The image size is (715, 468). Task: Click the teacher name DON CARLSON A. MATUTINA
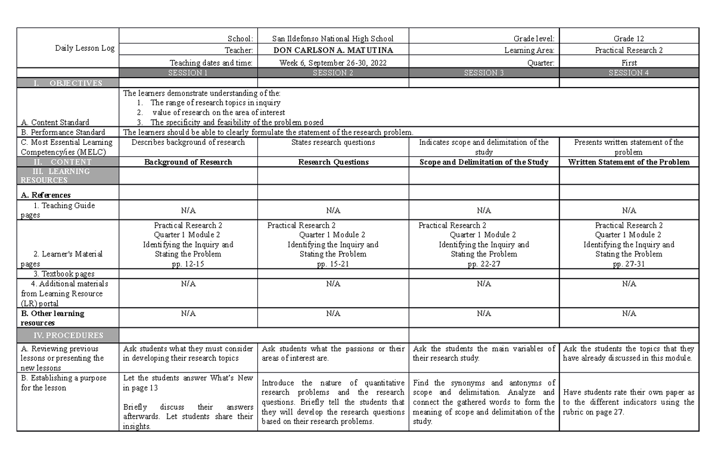coord(332,51)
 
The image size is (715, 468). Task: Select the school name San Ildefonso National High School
coord(332,38)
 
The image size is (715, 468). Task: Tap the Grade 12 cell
coord(629,38)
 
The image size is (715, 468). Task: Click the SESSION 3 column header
coord(484,73)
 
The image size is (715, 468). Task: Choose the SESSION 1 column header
coord(188,73)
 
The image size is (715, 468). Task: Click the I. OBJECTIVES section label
coord(67,83)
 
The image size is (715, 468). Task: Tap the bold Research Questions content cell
coord(333,162)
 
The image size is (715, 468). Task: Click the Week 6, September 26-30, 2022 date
coord(332,63)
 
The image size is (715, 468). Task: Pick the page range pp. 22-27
coord(484,264)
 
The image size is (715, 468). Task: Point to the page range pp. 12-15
coord(188,264)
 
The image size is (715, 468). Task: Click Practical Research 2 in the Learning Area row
coord(629,51)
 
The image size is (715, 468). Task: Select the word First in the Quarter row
coord(629,63)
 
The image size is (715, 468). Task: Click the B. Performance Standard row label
coord(63,132)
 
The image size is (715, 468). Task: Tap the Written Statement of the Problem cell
coord(629,162)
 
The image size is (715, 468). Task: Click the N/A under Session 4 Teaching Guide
coord(629,210)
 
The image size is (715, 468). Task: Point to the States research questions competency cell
coord(333,142)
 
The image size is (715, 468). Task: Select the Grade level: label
coord(530,38)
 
